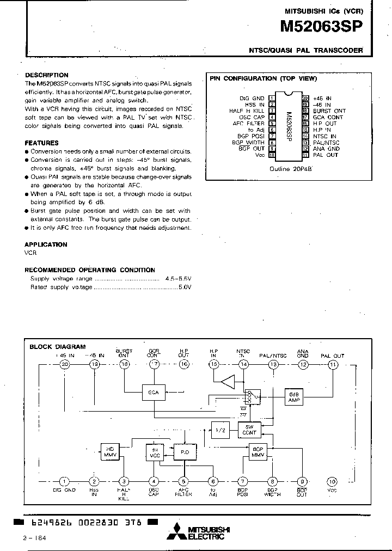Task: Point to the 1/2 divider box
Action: click(x=219, y=430)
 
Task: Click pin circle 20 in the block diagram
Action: click(x=65, y=364)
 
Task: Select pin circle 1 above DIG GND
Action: click(x=65, y=481)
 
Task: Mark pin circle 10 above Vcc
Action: click(x=332, y=481)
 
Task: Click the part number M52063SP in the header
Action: click(x=321, y=27)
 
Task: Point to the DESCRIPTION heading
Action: click(x=47, y=75)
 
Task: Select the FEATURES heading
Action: click(x=42, y=143)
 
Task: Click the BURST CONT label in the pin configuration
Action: click(x=329, y=111)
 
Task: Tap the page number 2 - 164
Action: click(x=35, y=538)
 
